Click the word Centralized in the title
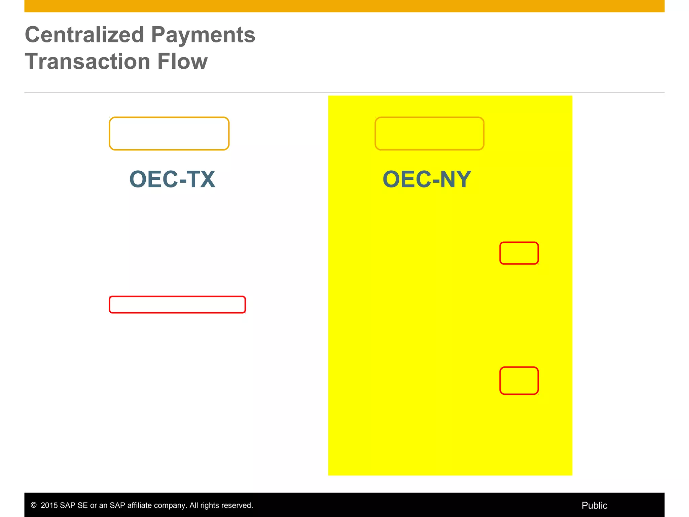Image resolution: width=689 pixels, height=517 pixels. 84,35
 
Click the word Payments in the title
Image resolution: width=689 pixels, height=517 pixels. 203,35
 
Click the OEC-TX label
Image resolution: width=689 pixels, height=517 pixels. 172,179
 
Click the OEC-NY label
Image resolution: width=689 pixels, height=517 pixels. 427,179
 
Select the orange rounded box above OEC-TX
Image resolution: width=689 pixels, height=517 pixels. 169,134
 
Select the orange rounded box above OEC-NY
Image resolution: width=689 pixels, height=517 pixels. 429,134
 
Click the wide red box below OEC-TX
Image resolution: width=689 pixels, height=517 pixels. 177,305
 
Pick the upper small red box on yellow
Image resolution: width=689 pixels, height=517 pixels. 519,253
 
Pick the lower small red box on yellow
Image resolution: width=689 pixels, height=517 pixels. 519,381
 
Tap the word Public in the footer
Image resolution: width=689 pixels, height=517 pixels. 594,505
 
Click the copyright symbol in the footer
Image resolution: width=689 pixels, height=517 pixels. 33,505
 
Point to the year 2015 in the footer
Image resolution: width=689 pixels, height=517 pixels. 49,505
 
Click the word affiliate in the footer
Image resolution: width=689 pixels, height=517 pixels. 139,505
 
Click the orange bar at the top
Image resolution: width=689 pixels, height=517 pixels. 344,6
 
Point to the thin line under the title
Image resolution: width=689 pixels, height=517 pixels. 344,93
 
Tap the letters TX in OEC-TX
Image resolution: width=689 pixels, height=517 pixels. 201,179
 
